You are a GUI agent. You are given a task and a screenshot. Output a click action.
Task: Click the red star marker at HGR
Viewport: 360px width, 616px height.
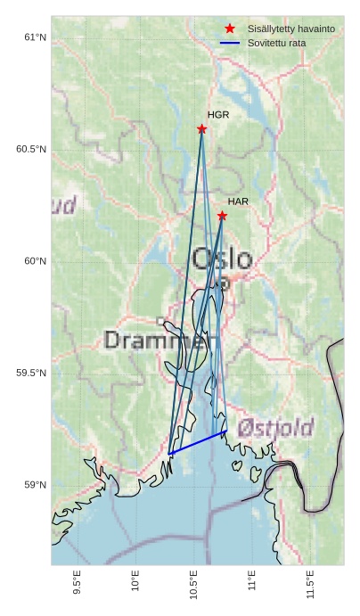[x=202, y=129]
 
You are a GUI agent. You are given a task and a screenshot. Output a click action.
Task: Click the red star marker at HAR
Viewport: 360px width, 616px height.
[x=222, y=216]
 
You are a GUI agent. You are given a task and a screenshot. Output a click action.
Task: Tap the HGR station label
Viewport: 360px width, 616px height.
[x=218, y=115]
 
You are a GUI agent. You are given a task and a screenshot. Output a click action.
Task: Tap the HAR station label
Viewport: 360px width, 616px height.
[x=238, y=202]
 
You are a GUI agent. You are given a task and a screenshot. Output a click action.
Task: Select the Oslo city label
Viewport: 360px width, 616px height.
[x=222, y=259]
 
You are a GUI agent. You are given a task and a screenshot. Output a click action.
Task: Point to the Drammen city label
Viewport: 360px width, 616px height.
[x=161, y=340]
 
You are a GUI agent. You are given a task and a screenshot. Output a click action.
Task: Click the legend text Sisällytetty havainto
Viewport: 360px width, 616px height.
[x=291, y=29]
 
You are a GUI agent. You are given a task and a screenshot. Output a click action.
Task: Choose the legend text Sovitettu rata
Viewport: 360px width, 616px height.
[x=276, y=43]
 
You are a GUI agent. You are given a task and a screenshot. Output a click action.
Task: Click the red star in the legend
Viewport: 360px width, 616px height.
[x=230, y=29]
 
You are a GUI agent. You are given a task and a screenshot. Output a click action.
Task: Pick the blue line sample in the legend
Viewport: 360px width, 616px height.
[x=230, y=43]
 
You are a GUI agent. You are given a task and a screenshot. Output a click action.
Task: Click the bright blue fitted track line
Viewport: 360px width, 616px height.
[x=198, y=442]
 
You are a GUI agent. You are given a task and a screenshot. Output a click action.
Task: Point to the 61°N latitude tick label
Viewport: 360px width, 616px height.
[x=35, y=37]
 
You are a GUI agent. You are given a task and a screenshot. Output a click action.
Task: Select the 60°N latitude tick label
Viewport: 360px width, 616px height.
[x=35, y=261]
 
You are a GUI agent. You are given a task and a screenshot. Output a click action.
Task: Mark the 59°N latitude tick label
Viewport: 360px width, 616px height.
[x=35, y=485]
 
